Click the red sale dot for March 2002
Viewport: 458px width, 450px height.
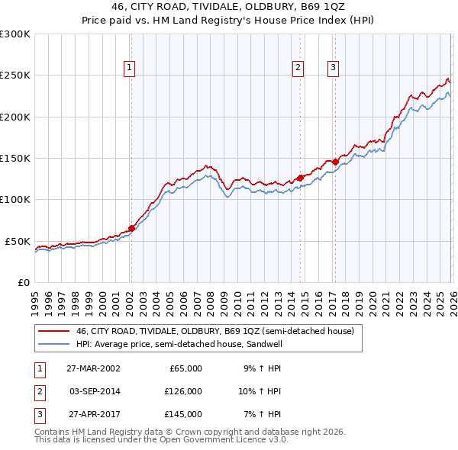point(131,228)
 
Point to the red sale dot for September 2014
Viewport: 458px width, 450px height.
point(300,178)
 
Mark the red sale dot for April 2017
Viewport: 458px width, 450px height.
point(336,162)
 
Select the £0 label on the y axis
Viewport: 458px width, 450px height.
point(23,282)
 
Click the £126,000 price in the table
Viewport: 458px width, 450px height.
point(183,391)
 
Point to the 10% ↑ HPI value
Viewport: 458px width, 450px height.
point(260,391)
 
